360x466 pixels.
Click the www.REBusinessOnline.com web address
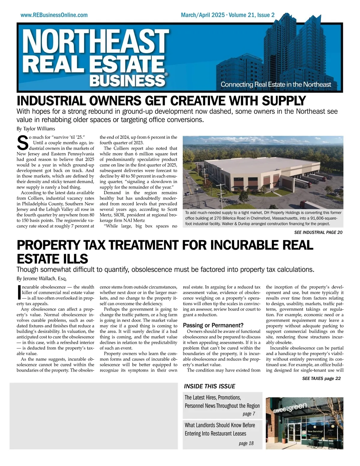click(x=54, y=15)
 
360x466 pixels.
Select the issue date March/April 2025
click(x=202, y=15)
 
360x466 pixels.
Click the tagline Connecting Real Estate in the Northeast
click(x=276, y=85)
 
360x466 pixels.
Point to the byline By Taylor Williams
click(x=36, y=129)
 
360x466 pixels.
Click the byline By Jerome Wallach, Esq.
click(x=41, y=279)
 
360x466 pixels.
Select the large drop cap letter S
click(x=22, y=143)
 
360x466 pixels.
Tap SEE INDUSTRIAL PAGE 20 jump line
click(x=318, y=232)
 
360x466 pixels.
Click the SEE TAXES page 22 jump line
click(x=321, y=378)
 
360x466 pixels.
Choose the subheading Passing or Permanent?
click(x=213, y=325)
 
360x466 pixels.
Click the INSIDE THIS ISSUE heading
click(x=209, y=386)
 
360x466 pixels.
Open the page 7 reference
click(x=249, y=414)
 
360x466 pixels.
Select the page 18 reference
click(x=246, y=443)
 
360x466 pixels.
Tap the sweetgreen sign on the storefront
click(x=290, y=408)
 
